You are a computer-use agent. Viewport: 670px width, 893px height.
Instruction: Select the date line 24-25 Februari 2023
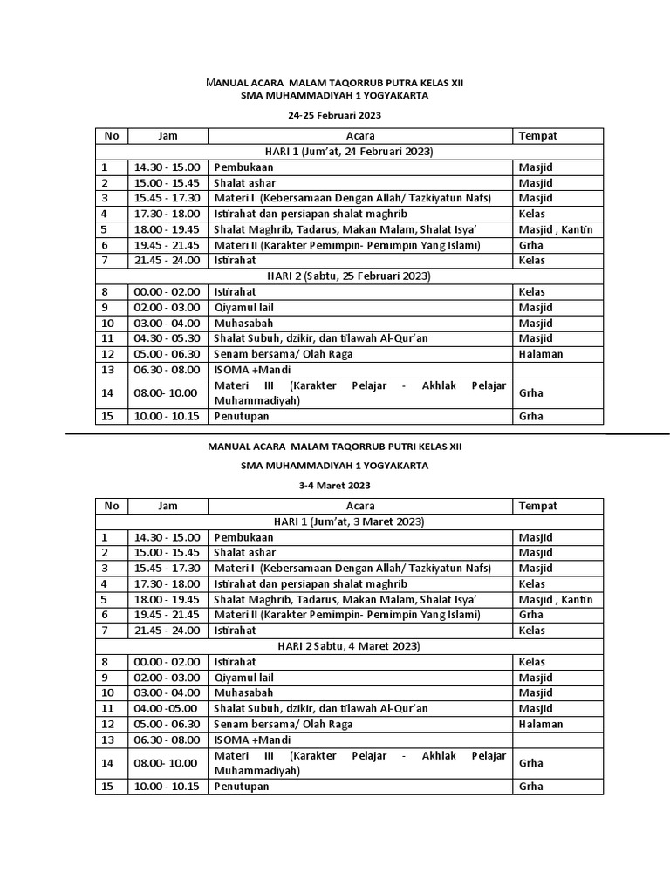pyautogui.click(x=335, y=115)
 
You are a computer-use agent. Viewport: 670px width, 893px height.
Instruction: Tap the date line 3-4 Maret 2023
pyautogui.click(x=335, y=485)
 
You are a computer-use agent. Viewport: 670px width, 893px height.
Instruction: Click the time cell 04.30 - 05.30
pyautogui.click(x=167, y=338)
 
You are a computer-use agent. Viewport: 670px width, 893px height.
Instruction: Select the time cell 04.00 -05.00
pyautogui.click(x=166, y=709)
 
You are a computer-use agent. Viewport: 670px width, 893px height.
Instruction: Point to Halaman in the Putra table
pyautogui.click(x=541, y=354)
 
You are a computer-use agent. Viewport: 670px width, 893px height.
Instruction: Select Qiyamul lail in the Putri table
pyautogui.click(x=245, y=678)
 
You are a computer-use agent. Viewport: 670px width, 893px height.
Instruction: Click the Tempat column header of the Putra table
pyautogui.click(x=537, y=136)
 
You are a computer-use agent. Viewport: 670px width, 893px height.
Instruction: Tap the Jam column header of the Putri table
pyautogui.click(x=167, y=506)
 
